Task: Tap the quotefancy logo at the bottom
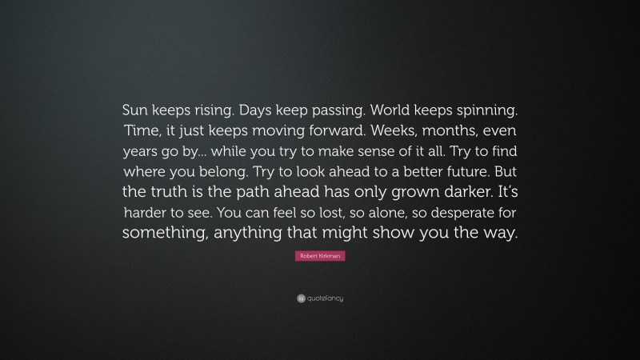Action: (320, 298)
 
